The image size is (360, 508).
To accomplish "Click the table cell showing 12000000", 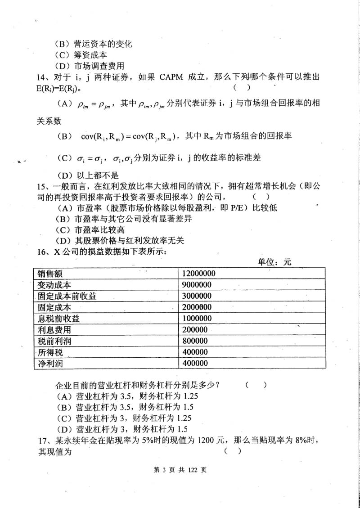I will tap(198, 273).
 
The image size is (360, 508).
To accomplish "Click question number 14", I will tap(42, 77).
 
